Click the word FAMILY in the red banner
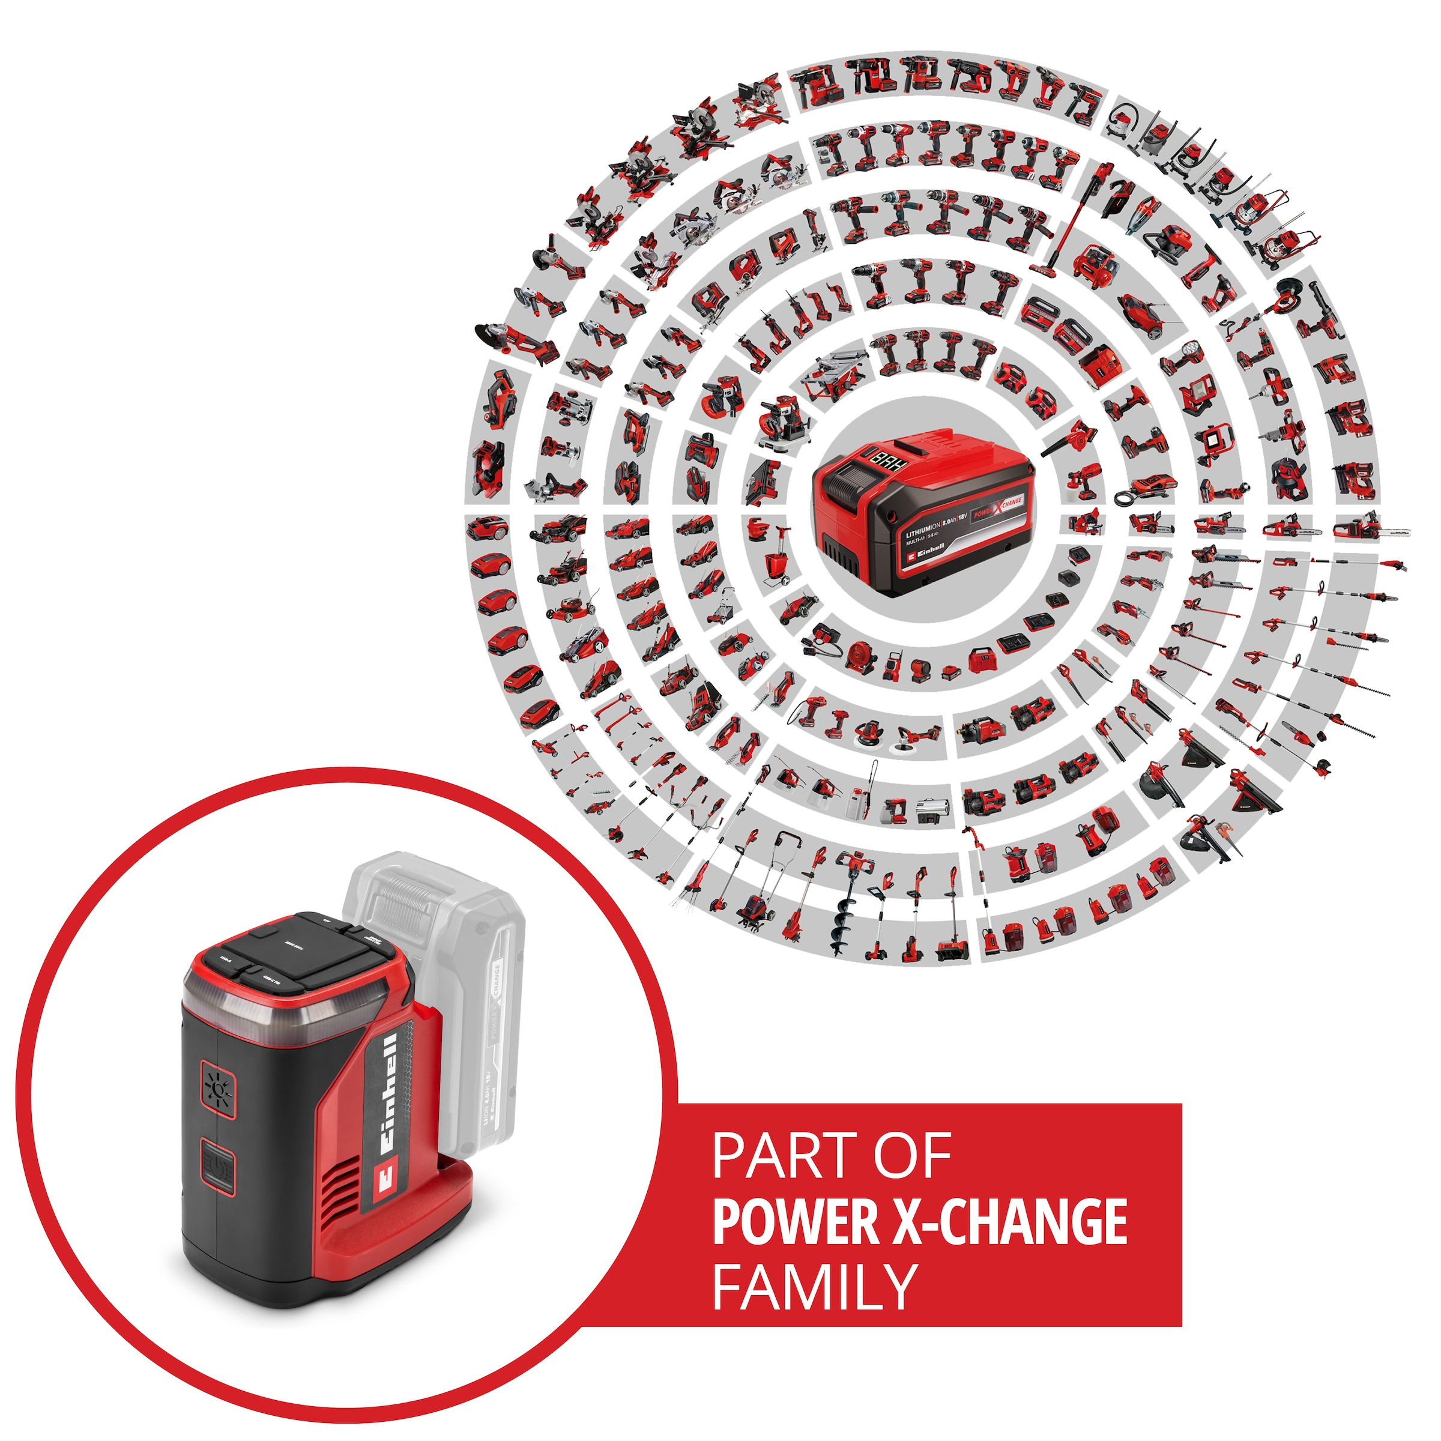(x=814, y=1286)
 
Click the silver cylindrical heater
(x=932, y=809)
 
